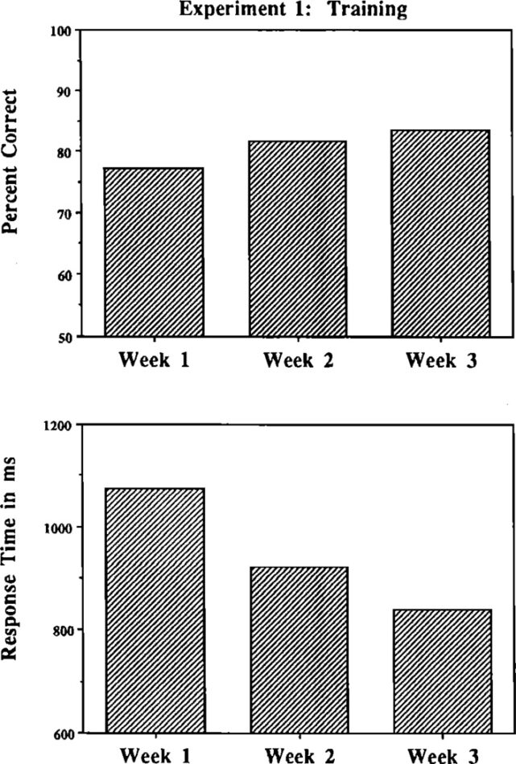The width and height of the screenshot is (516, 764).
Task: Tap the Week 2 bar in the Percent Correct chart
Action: tap(297, 239)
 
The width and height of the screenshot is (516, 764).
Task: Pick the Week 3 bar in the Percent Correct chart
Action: tap(440, 233)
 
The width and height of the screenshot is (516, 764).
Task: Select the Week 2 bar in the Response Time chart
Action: tap(299, 650)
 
